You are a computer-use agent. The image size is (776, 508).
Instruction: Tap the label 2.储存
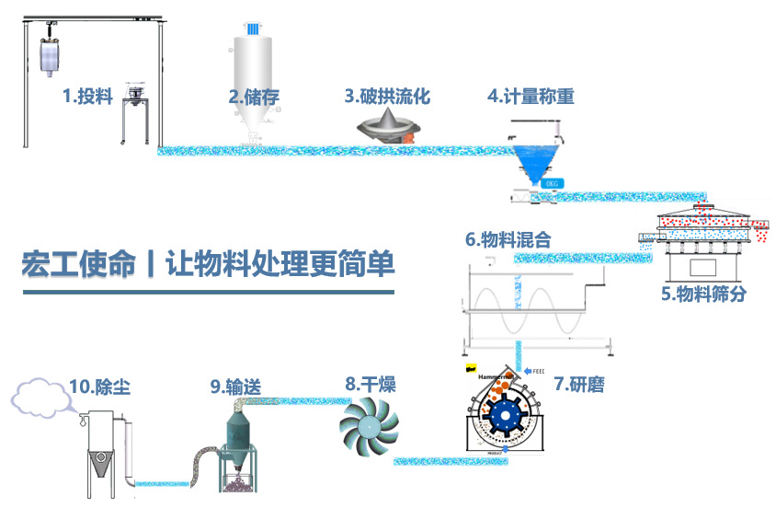pos(254,96)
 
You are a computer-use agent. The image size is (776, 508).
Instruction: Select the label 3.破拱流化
pos(387,96)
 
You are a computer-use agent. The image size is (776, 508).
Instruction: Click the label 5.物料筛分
pos(703,294)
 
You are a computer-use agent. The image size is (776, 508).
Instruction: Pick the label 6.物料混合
pos(508,240)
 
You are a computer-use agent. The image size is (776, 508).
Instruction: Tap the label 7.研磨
pos(578,384)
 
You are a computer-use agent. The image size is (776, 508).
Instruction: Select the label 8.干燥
pos(371,384)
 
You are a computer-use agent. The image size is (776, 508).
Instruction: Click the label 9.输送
pos(235,387)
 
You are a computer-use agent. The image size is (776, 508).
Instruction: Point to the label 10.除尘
pos(99,387)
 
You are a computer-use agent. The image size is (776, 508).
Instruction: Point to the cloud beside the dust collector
pos(41,397)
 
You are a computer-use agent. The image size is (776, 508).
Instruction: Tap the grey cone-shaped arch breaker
pos(388,125)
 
